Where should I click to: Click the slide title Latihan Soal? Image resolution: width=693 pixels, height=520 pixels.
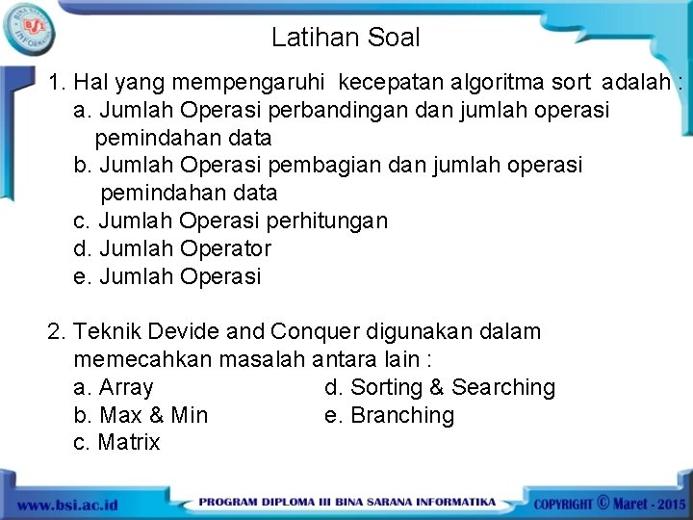tap(346, 39)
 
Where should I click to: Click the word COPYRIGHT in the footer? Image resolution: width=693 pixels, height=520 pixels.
tap(564, 504)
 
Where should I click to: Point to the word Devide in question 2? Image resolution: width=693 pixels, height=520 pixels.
tap(188, 331)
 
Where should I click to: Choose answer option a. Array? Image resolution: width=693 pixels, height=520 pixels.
tap(113, 387)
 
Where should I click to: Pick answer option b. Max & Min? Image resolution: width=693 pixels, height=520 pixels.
tap(140, 415)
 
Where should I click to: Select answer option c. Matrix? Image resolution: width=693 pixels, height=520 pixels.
tap(116, 443)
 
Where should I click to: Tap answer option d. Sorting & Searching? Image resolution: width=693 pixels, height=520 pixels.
tap(440, 387)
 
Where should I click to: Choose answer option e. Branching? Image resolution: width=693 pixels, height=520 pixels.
tap(390, 415)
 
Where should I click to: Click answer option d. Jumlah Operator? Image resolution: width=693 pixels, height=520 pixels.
tap(172, 248)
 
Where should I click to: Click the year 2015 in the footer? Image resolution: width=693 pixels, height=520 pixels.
tap(667, 504)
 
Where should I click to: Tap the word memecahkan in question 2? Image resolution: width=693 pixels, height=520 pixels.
tap(142, 359)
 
